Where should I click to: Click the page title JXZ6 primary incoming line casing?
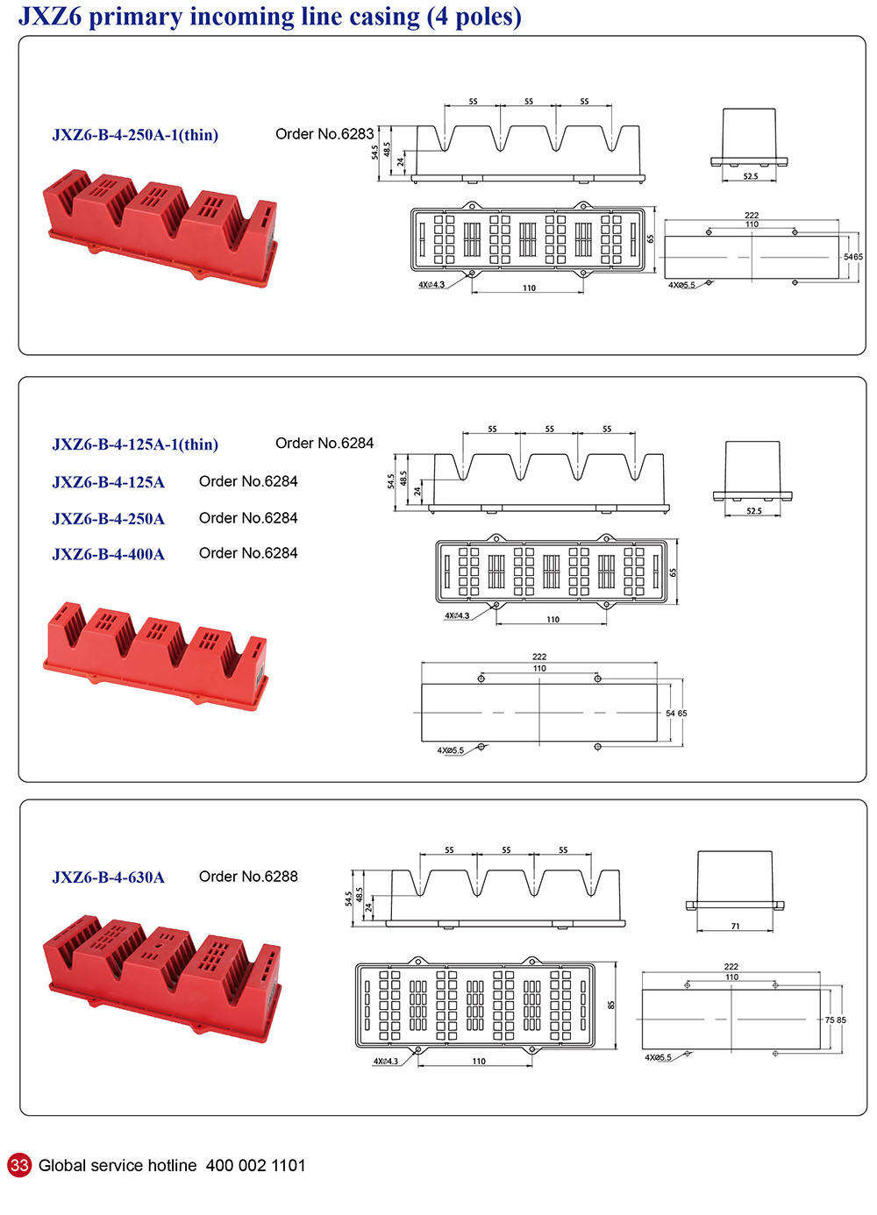(x=269, y=17)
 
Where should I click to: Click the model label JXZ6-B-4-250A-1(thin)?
(x=135, y=135)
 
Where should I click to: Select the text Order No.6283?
(x=324, y=134)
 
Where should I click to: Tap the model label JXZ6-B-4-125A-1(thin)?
(x=135, y=444)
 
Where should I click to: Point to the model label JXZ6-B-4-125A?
(x=108, y=482)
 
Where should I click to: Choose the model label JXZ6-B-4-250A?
(x=108, y=519)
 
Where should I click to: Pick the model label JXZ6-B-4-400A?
(x=108, y=554)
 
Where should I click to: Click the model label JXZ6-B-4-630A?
(x=108, y=877)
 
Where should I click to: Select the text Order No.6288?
(x=248, y=877)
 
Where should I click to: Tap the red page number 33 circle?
(x=19, y=1165)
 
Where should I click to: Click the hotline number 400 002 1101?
(x=255, y=1166)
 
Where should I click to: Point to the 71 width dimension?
(x=735, y=926)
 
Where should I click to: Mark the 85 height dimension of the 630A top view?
(x=611, y=1005)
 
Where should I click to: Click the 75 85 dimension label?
(x=835, y=1020)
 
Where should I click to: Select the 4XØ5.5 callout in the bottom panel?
(x=658, y=1058)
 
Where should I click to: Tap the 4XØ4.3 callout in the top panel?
(x=431, y=285)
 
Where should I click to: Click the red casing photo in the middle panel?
(x=156, y=653)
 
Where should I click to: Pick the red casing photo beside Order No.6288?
(x=163, y=973)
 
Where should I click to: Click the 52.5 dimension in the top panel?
(x=751, y=177)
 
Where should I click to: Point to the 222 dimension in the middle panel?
(x=539, y=657)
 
